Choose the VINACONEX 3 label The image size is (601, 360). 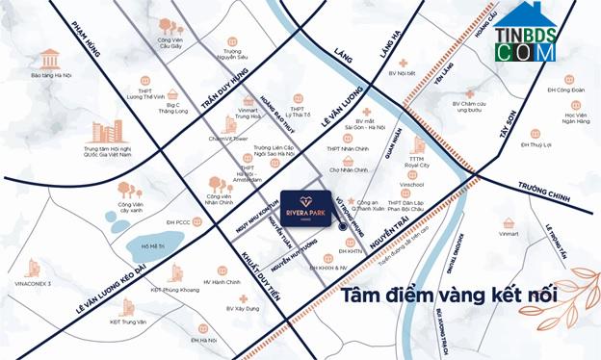[33, 284]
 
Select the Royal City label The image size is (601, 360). [416, 166]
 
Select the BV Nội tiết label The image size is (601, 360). [400, 73]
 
